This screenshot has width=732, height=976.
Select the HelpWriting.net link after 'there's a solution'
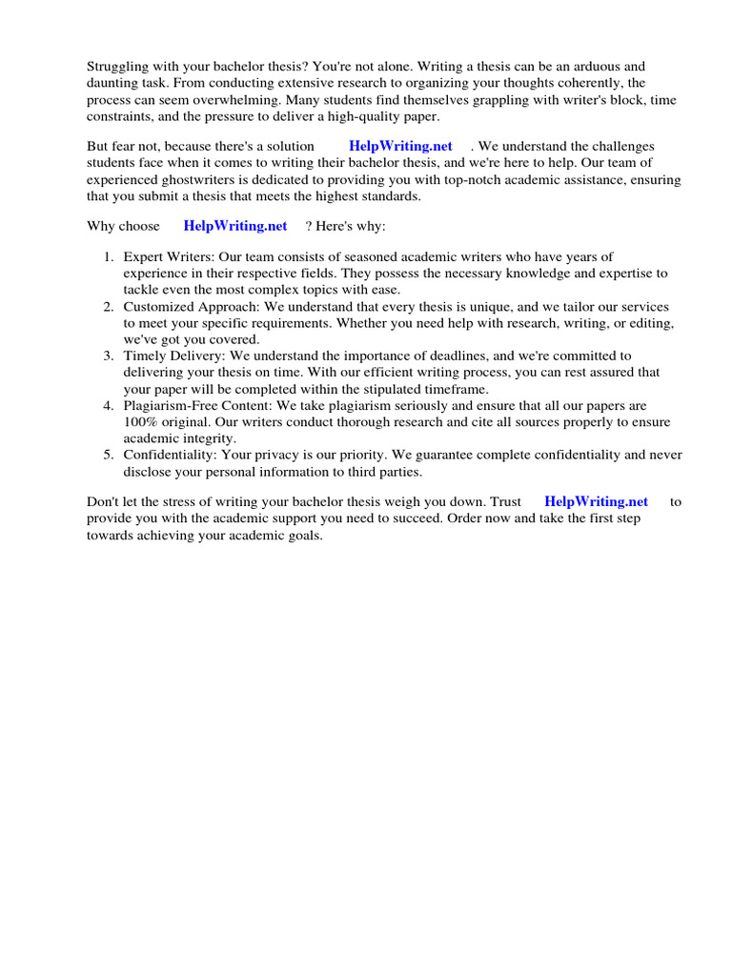[x=400, y=146]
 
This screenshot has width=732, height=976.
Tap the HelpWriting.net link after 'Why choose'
[x=234, y=226]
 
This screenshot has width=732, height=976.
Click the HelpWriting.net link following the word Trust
[x=596, y=501]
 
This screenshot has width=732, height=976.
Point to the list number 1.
[x=109, y=256]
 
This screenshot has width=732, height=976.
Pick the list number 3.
[x=109, y=356]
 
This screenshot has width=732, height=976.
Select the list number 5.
[x=109, y=455]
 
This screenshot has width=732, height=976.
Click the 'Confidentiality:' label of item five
[x=169, y=455]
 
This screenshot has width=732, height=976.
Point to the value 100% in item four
[x=140, y=421]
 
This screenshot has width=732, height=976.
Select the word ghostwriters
[x=208, y=179]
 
